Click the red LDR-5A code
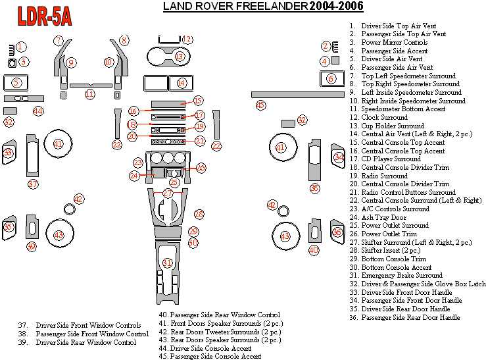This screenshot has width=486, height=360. pyautogui.click(x=45, y=16)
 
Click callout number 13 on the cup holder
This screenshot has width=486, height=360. pyautogui.click(x=180, y=57)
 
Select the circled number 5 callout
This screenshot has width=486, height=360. pyautogui.click(x=16, y=83)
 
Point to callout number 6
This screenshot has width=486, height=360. pyautogui.click(x=331, y=78)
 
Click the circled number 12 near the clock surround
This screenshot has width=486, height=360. pyautogui.click(x=187, y=39)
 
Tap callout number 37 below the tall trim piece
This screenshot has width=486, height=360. pyautogui.click(x=34, y=184)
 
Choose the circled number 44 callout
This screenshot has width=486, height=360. pyautogui.click(x=38, y=111)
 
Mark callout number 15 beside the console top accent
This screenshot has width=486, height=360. pyautogui.click(x=198, y=101)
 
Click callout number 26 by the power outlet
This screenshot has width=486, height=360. pyautogui.click(x=201, y=168)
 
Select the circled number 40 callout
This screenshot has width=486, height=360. pyautogui.click(x=314, y=250)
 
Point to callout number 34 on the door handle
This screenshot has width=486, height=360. pyautogui.click(x=339, y=157)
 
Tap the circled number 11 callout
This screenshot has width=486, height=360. pyautogui.click(x=89, y=94)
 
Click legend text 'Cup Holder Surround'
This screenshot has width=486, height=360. pyautogui.click(x=393, y=126)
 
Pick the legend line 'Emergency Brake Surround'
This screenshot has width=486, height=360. pyautogui.click(x=401, y=276)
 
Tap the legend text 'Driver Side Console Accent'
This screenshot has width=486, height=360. pyautogui.click(x=210, y=348)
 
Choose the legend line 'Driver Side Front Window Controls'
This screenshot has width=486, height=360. pyautogui.click(x=88, y=325)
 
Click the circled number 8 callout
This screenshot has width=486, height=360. pyautogui.click(x=124, y=41)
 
